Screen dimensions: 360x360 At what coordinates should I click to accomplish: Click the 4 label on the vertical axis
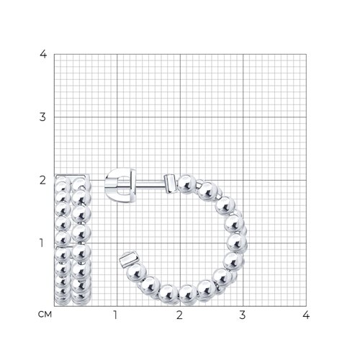(x=43, y=54)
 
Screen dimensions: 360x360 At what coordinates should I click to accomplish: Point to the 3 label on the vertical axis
(x=42, y=117)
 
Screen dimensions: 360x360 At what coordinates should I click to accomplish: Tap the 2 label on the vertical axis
(x=42, y=180)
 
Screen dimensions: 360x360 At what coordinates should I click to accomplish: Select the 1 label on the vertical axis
(x=42, y=243)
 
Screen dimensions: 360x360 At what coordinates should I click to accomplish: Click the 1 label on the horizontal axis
(x=115, y=315)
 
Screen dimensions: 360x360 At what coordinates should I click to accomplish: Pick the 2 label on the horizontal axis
(x=179, y=315)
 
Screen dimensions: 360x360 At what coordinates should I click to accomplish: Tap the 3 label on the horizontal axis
(x=243, y=315)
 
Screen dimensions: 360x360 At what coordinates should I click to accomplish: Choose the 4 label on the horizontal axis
(x=306, y=315)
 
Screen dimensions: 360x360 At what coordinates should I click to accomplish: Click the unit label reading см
(x=45, y=315)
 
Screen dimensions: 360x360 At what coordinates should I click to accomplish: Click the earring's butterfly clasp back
(x=120, y=185)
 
